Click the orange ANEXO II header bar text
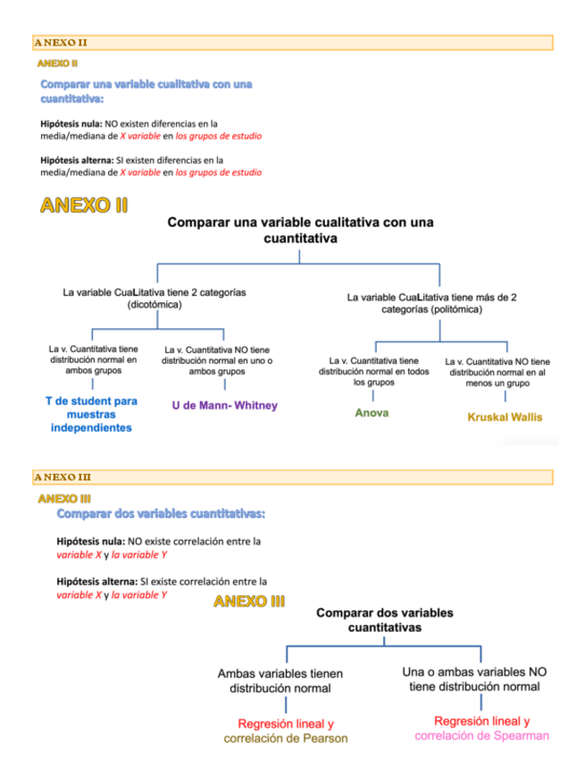pyautogui.click(x=61, y=42)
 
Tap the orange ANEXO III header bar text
pyautogui.click(x=63, y=477)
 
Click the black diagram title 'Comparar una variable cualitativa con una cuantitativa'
pyautogui.click(x=299, y=231)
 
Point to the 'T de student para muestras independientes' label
pyautogui.click(x=91, y=414)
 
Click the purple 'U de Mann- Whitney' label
pyautogui.click(x=224, y=405)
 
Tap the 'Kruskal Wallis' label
pyautogui.click(x=505, y=417)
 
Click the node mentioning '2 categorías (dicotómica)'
pyautogui.click(x=154, y=299)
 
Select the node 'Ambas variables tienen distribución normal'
pyautogui.click(x=280, y=680)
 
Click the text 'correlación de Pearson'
pyautogui.click(x=286, y=738)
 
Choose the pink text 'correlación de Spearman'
pyautogui.click(x=481, y=735)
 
